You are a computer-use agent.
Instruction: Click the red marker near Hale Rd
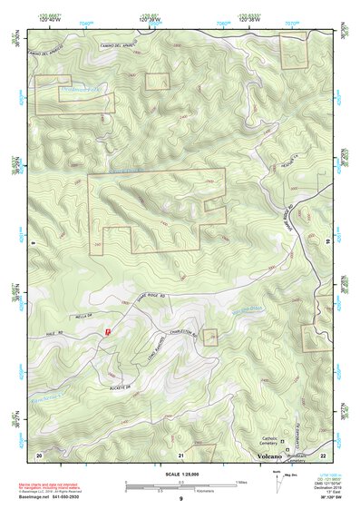tap(108, 333)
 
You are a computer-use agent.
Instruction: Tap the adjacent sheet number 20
tap(38, 454)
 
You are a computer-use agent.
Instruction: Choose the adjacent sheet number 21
tap(181, 454)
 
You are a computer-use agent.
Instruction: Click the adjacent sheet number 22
tap(324, 454)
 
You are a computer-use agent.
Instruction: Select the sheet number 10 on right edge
tap(328, 240)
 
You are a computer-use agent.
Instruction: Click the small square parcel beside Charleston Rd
tap(210, 337)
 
